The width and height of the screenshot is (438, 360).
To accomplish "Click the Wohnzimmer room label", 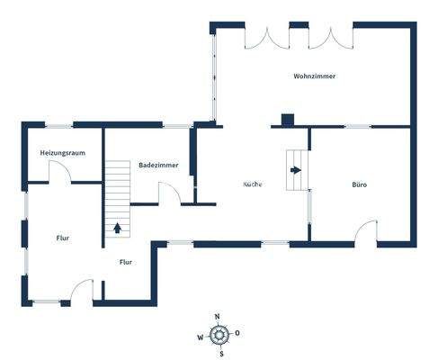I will click(314, 76).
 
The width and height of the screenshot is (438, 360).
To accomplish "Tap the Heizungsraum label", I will click(63, 153).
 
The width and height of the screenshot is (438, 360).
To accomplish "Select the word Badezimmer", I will click(158, 166).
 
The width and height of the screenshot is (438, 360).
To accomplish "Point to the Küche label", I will click(253, 184).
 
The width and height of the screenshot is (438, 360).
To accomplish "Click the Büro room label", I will click(359, 184).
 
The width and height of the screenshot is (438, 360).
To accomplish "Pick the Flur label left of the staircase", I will click(63, 238).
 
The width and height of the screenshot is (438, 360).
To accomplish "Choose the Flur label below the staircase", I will click(126, 262).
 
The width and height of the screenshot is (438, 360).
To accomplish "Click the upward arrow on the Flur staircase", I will click(118, 227).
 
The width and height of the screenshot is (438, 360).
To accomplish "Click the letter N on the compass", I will click(218, 317).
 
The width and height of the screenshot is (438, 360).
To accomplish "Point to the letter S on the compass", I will click(218, 353).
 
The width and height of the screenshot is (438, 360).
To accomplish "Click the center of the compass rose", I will click(218, 335).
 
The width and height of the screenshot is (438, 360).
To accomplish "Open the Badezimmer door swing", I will click(168, 193).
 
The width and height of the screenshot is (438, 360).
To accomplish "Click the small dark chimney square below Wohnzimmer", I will click(287, 119).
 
